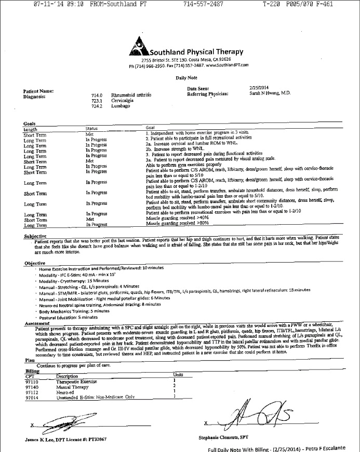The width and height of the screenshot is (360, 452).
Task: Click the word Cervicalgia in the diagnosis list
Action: [124, 101]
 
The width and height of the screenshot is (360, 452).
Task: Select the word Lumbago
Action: [122, 106]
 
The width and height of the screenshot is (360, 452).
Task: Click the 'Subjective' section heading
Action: [36, 236]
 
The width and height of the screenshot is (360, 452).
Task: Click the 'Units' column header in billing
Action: [177, 375]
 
